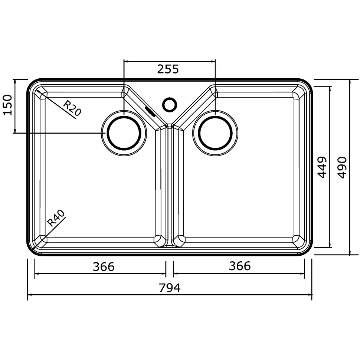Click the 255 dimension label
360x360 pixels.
168,69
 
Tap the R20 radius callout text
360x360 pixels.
72,108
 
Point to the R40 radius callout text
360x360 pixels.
56,218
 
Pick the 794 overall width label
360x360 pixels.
170,288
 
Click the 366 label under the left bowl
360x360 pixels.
104,267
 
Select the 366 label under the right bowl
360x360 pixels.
240,266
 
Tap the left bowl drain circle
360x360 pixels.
124,116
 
